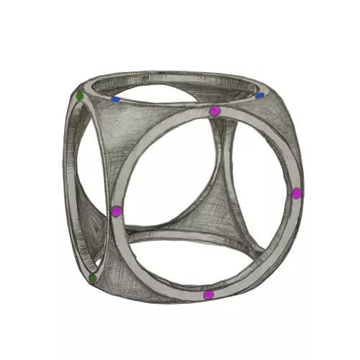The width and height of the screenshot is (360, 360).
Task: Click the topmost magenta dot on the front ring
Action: click(215, 111)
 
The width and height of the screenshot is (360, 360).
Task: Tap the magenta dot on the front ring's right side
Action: click(296, 193)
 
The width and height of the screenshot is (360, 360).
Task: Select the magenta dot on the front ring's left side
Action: click(117, 211)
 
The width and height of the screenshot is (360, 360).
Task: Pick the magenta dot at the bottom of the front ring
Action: click(209, 294)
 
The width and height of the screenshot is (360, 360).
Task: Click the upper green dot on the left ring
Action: click(79, 95)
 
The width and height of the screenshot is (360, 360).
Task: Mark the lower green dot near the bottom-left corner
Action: click(92, 278)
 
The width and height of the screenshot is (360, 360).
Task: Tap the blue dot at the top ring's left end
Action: click(115, 99)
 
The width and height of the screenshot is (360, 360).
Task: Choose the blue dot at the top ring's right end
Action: click(260, 95)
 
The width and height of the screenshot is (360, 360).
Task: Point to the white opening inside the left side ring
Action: click(90, 180)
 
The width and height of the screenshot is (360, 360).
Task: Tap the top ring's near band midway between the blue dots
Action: click(187, 105)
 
